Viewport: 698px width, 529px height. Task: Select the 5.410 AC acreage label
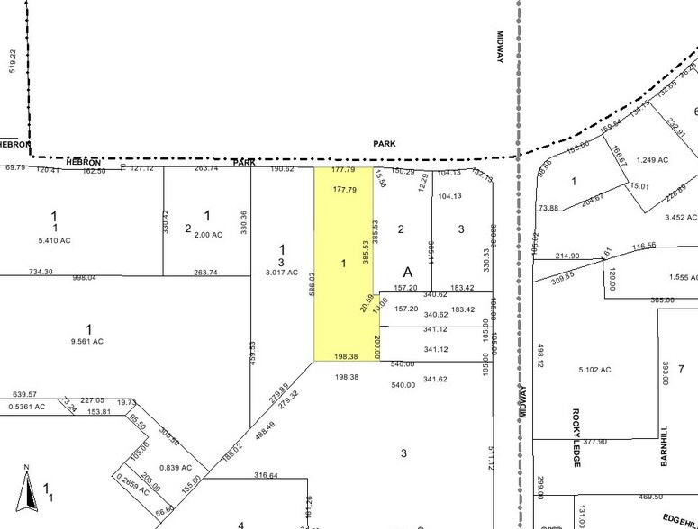pyautogui.click(x=53, y=240)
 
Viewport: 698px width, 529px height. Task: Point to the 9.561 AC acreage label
pyautogui.click(x=87, y=342)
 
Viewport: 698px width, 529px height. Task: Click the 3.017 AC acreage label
pyautogui.click(x=280, y=272)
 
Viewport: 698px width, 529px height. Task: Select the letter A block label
pyautogui.click(x=408, y=272)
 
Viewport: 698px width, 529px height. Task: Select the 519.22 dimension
pyautogui.click(x=13, y=62)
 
